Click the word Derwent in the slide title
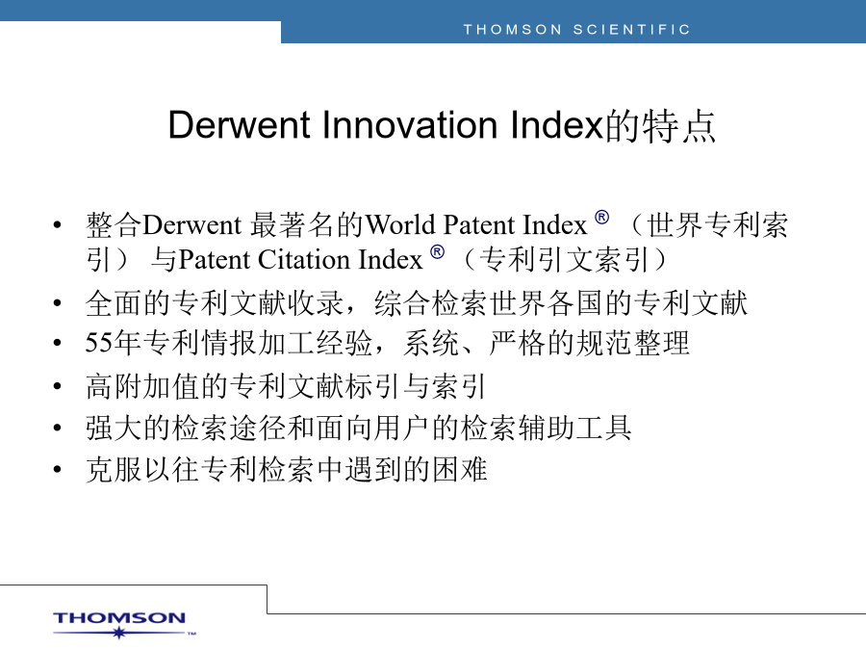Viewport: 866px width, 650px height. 241,125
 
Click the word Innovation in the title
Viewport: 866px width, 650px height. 410,125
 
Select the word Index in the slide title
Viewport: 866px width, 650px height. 556,125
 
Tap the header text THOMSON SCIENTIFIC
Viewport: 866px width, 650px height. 576,29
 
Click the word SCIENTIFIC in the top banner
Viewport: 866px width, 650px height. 632,29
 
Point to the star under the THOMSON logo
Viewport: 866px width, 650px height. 118,633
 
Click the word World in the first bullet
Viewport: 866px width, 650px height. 400,225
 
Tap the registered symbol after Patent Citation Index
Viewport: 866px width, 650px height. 438,252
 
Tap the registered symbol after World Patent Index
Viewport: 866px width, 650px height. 602,218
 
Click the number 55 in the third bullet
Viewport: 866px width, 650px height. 99,343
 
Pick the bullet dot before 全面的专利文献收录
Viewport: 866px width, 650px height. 57,303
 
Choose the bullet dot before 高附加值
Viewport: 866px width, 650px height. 57,386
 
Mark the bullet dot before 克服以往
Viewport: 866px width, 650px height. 57,469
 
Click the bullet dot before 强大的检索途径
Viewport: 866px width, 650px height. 57,428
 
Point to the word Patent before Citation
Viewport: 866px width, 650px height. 215,260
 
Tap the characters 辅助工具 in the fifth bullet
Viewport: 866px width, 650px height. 575,428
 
